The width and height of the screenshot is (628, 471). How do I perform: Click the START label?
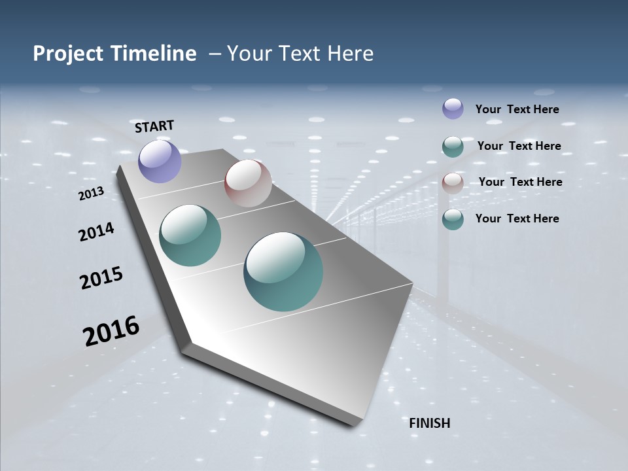pyautogui.click(x=154, y=126)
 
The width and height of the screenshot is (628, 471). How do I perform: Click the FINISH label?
pyautogui.click(x=430, y=423)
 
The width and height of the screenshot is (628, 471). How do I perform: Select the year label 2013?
pyautogui.click(x=91, y=194)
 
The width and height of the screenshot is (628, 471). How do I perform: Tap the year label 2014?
pyautogui.click(x=96, y=232)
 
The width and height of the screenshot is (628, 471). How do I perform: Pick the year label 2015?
pyautogui.click(x=101, y=278)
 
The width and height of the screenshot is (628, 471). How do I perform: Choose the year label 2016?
pyautogui.click(x=111, y=331)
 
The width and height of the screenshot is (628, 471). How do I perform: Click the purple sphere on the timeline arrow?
pyautogui.click(x=160, y=161)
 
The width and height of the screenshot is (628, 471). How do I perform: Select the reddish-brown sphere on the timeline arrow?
pyautogui.click(x=248, y=183)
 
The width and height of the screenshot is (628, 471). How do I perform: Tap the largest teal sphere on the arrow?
pyautogui.click(x=283, y=271)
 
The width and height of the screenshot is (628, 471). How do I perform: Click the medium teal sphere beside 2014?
pyautogui.click(x=190, y=235)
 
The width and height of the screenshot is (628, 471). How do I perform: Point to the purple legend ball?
pyautogui.click(x=453, y=109)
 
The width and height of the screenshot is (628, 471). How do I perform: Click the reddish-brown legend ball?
pyautogui.click(x=453, y=183)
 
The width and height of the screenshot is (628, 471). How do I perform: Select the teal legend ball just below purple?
pyautogui.click(x=453, y=147)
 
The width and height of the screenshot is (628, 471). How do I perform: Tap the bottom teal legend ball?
pyautogui.click(x=453, y=219)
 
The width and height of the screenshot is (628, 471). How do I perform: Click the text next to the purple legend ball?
pyautogui.click(x=517, y=109)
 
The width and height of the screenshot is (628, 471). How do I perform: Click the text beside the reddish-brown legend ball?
pyautogui.click(x=520, y=182)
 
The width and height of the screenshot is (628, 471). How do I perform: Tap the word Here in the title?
pyautogui.click(x=350, y=54)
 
